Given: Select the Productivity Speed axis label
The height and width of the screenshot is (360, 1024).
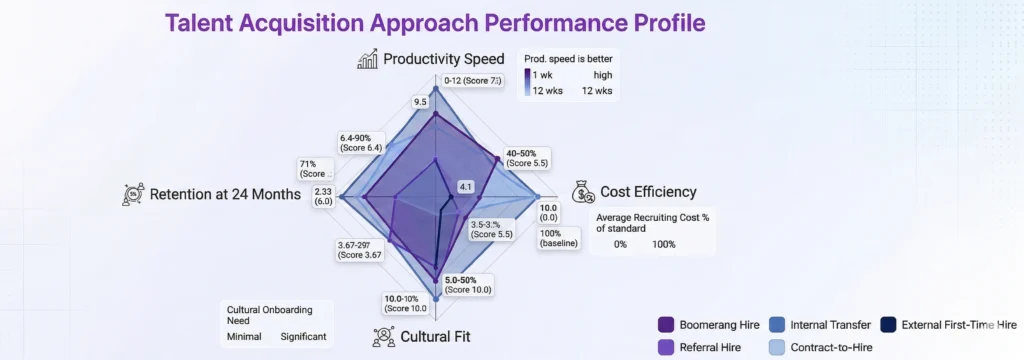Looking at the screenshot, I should tap(444, 60).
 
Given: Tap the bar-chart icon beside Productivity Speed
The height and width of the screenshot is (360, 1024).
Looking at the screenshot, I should tap(367, 60).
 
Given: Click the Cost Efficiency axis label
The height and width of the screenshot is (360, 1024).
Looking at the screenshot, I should tap(648, 191).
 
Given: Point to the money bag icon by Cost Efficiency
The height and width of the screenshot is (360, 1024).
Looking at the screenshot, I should tap(583, 191).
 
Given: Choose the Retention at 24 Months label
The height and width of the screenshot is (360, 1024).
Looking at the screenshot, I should tap(225, 194).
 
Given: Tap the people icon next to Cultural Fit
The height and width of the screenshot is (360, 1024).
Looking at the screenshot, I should tap(382, 335).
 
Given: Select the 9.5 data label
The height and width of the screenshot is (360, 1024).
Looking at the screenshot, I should tap(420, 101).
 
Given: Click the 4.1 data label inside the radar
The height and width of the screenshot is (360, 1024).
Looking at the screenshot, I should tap(464, 187).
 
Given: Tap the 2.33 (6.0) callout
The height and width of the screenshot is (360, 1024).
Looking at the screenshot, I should tap(323, 196).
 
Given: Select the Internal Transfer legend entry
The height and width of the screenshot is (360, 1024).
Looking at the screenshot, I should tap(817, 325).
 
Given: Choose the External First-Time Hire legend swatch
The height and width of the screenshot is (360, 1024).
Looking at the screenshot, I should tap(888, 325).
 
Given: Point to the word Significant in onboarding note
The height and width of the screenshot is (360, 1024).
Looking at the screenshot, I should tap(303, 337).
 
